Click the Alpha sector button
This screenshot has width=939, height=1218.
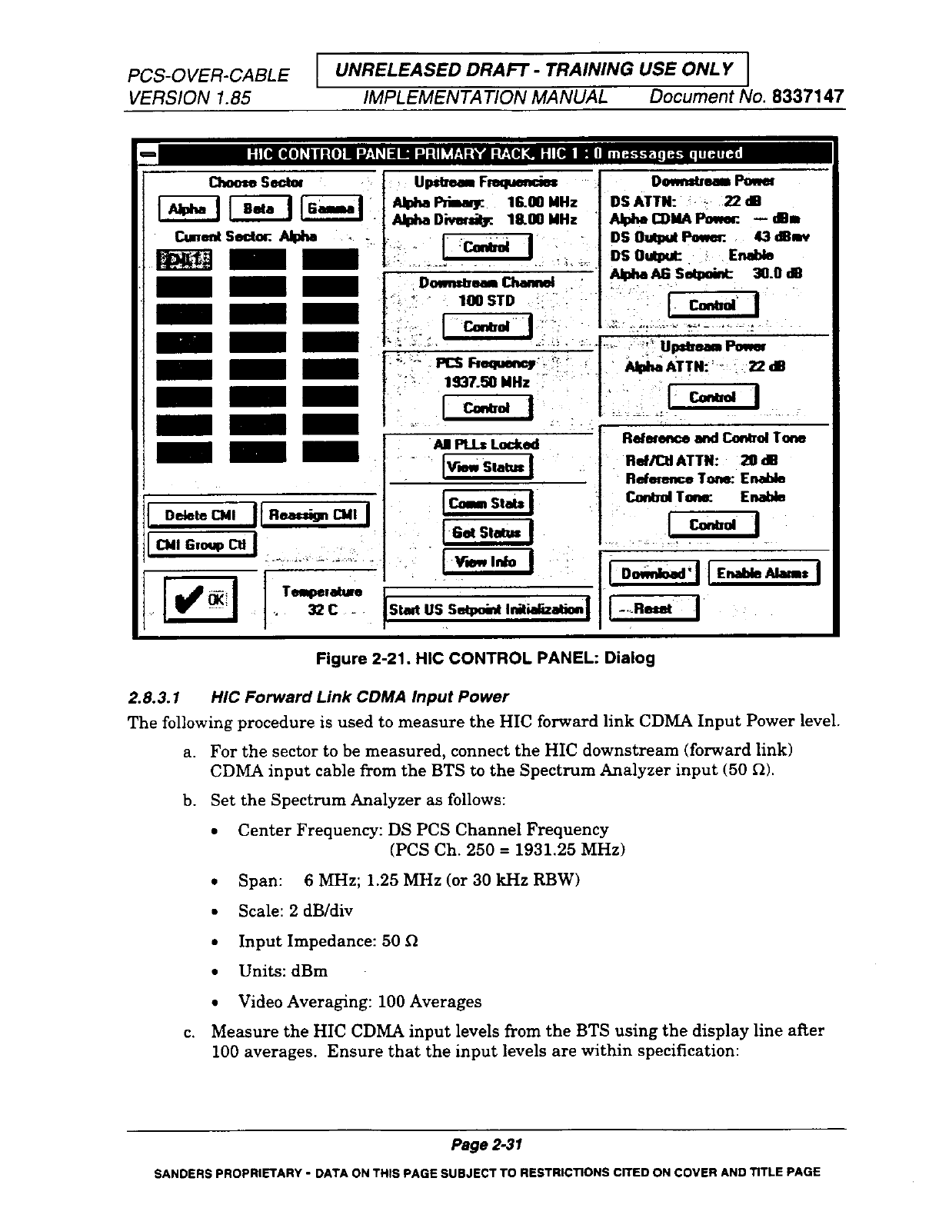188,209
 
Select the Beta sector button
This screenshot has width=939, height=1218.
260,209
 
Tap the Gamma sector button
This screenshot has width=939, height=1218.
331,209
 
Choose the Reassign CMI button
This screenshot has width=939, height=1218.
315,515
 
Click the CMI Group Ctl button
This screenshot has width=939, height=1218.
201,545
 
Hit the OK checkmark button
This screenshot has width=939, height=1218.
201,599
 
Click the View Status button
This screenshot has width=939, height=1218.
488,468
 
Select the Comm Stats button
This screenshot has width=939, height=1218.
488,504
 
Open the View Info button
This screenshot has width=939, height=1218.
488,562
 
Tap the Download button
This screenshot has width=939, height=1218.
654,574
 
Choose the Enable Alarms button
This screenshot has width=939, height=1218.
763,574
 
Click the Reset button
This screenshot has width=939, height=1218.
654,609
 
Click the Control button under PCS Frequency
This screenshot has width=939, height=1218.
488,408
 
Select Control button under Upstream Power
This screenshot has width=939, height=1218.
713,398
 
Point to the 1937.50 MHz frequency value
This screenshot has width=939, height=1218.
488,382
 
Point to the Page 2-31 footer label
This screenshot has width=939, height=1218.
487,1145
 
